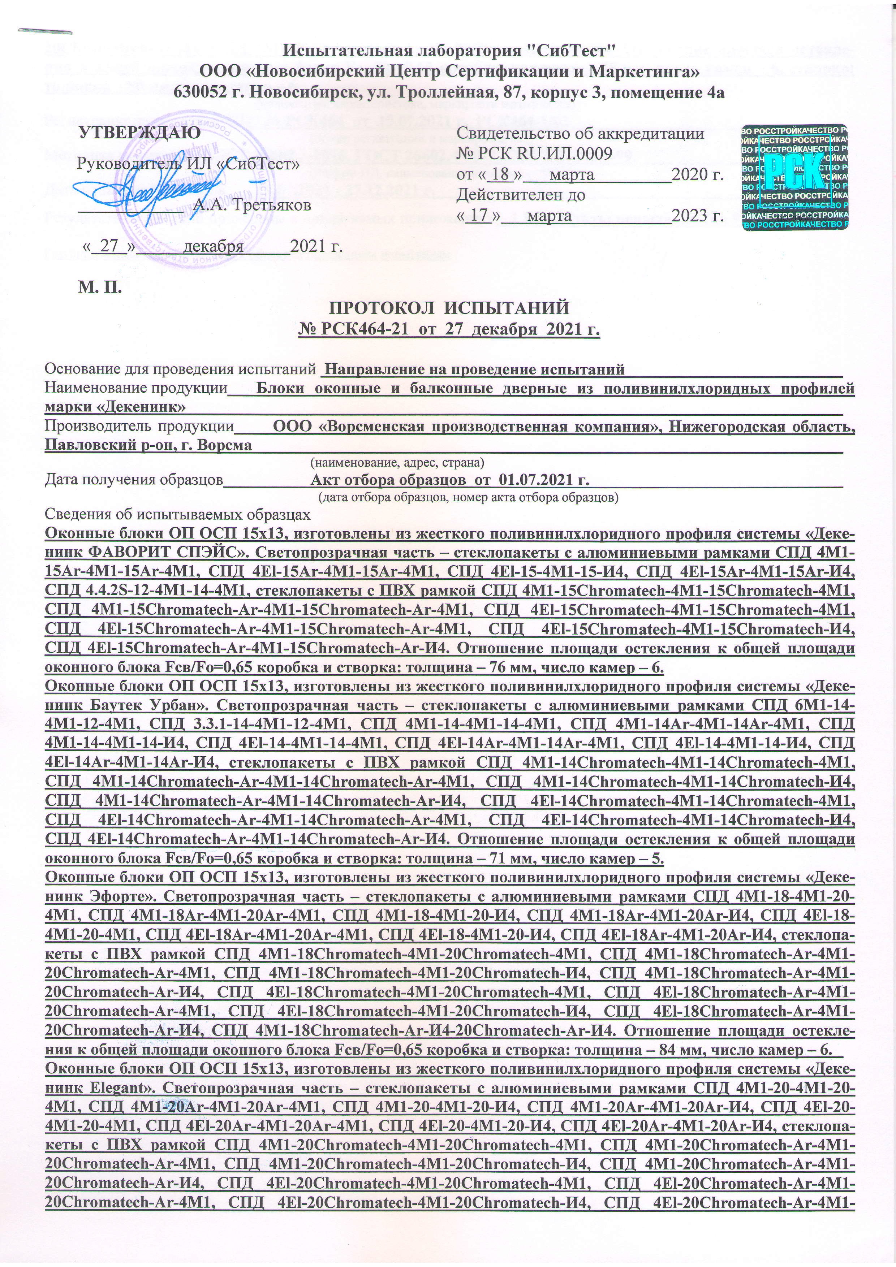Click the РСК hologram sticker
coord(794,176)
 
